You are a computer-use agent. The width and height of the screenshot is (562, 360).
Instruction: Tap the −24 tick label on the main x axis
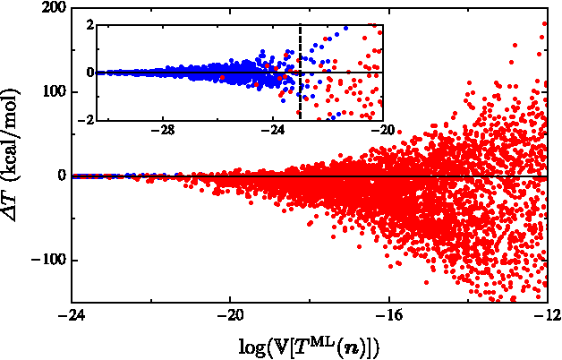(x=72, y=316)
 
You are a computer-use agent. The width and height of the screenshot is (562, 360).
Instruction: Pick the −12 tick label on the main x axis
(x=547, y=316)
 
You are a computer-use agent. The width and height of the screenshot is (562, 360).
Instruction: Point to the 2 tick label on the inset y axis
(x=89, y=24)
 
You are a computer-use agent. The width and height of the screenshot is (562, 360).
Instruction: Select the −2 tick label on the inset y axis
(x=86, y=120)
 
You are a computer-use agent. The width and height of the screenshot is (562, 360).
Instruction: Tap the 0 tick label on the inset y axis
(x=89, y=73)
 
